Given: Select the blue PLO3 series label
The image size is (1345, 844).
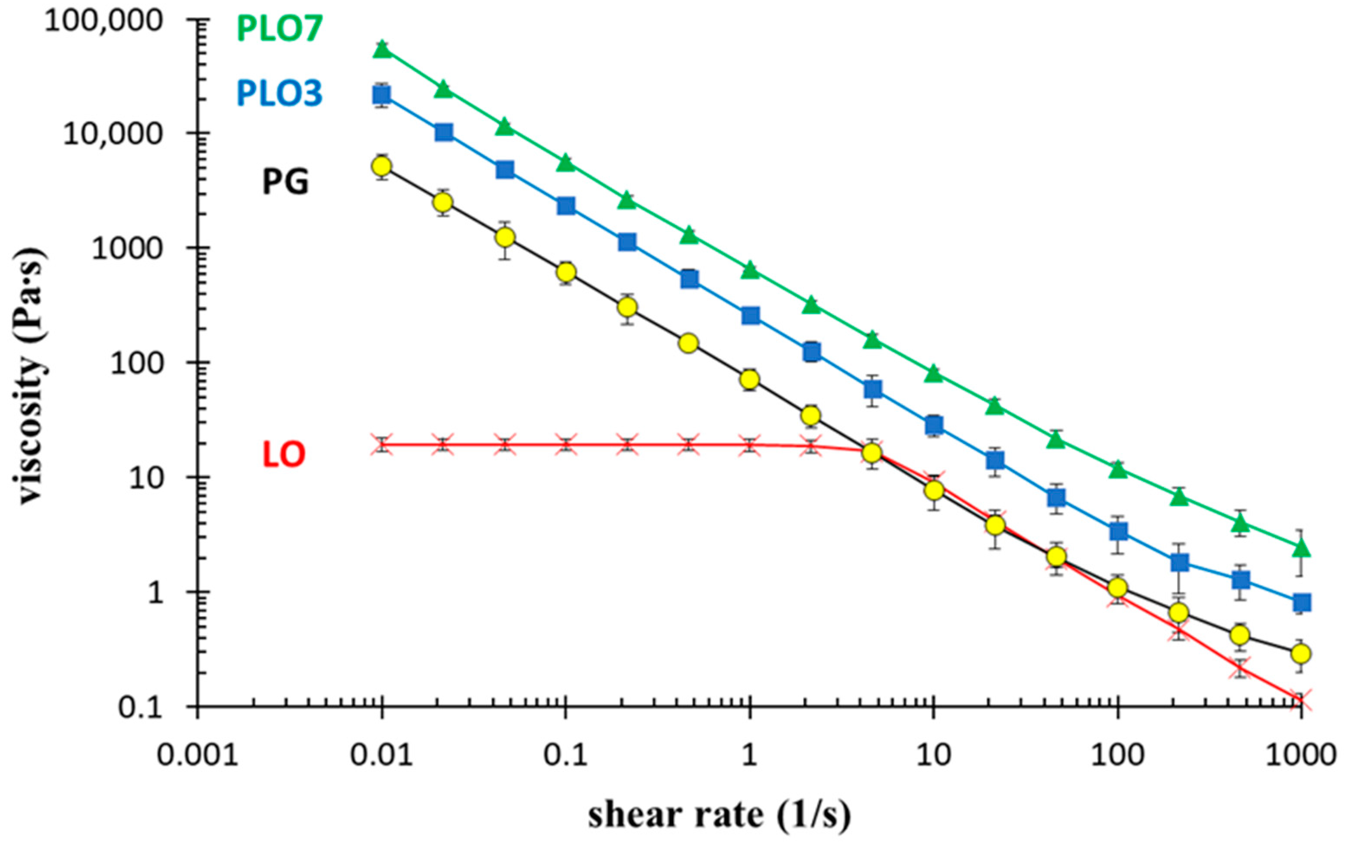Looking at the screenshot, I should click(279, 93).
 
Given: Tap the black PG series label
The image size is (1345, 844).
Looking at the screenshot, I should click(285, 181).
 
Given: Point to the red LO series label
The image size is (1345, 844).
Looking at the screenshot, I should click(284, 454).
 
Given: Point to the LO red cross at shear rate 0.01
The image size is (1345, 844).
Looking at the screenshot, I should click(382, 445).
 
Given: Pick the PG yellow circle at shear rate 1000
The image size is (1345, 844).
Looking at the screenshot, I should click(1301, 653).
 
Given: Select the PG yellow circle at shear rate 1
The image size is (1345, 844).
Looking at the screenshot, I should click(750, 379).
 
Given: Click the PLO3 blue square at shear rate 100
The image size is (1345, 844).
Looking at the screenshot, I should click(1118, 531).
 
